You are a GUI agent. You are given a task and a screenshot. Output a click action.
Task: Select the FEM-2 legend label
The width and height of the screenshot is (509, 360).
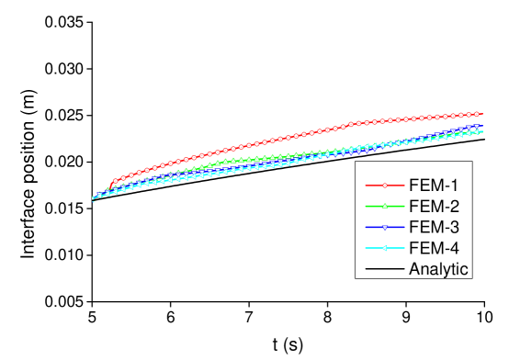[x=434, y=206]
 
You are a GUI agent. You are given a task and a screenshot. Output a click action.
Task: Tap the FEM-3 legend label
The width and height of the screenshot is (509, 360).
[x=434, y=227]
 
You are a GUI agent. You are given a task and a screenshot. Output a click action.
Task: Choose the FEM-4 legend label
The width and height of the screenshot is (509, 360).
[x=434, y=248]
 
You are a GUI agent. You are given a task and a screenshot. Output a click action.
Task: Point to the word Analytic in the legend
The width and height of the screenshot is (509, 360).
[x=439, y=269]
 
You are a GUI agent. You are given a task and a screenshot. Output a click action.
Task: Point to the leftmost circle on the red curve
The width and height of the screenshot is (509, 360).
[x=115, y=181]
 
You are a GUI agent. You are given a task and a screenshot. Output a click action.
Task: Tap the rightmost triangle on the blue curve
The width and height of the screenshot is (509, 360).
[x=479, y=127]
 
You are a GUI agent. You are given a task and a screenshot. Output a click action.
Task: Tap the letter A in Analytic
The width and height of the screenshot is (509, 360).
[x=414, y=269]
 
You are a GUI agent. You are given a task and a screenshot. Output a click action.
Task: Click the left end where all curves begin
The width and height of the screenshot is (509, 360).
[x=94, y=198]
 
